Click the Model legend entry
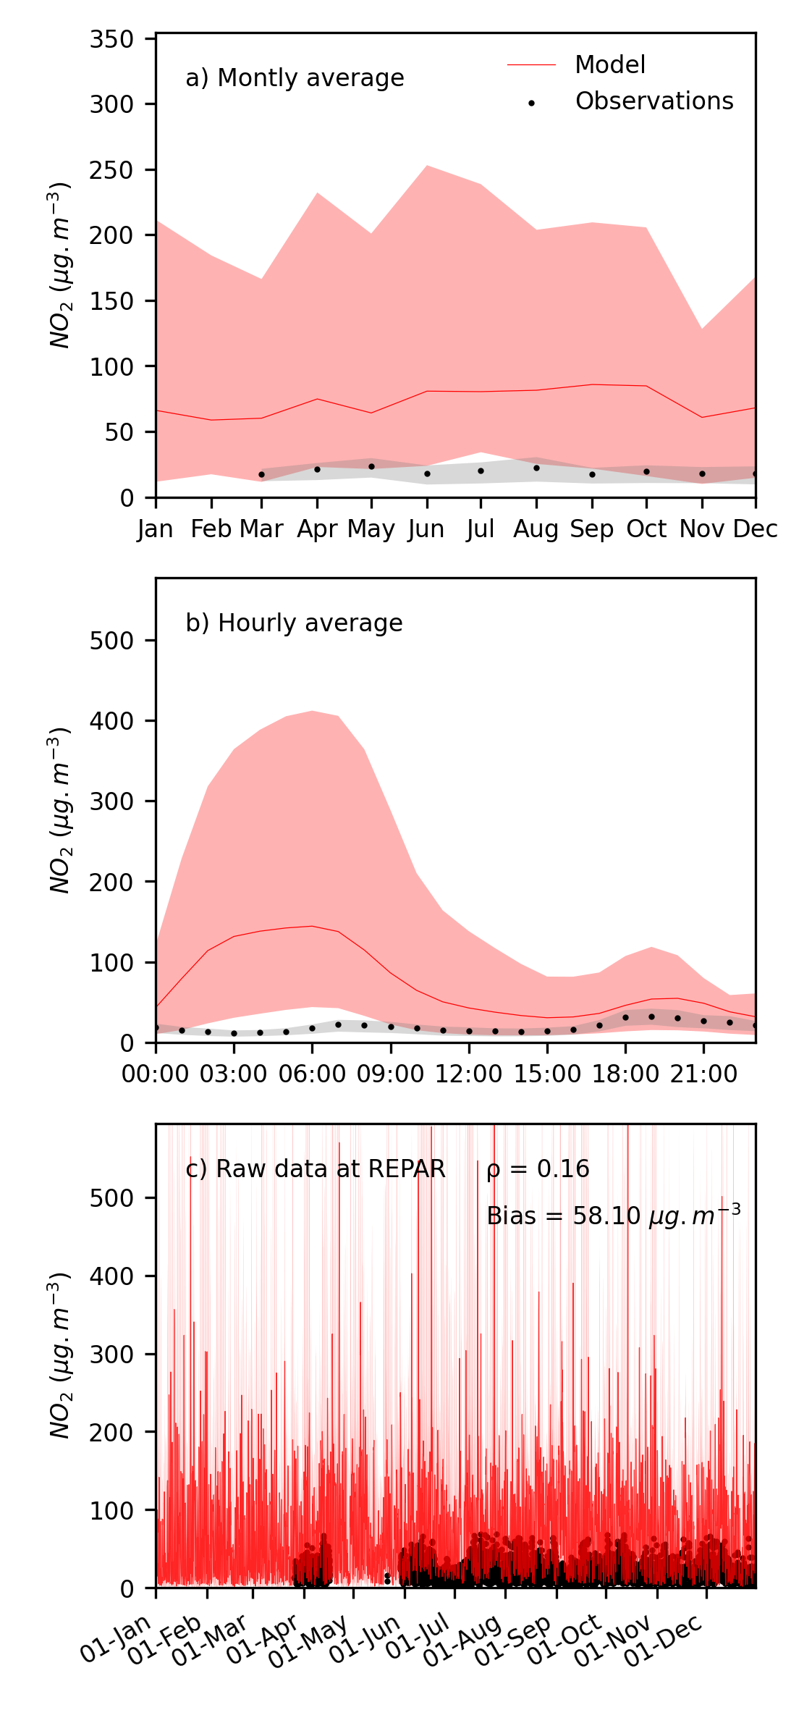tap(609, 65)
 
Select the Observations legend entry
tap(654, 101)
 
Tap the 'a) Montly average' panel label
tap(295, 78)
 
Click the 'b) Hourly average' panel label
tap(294, 623)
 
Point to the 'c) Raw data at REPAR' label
tap(316, 1169)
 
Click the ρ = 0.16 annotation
tap(538, 1169)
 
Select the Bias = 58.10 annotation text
tap(613, 1216)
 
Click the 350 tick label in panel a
tap(112, 39)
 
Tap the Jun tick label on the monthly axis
tap(426, 530)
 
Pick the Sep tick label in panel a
tap(591, 530)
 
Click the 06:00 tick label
tap(312, 1074)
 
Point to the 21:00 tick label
tap(703, 1074)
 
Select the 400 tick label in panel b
tap(112, 721)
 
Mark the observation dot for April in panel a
tap(317, 470)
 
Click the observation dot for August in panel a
tap(536, 468)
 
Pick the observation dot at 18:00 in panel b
tap(625, 1017)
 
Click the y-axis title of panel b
tap(60, 810)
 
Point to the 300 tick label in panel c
tap(112, 1355)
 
